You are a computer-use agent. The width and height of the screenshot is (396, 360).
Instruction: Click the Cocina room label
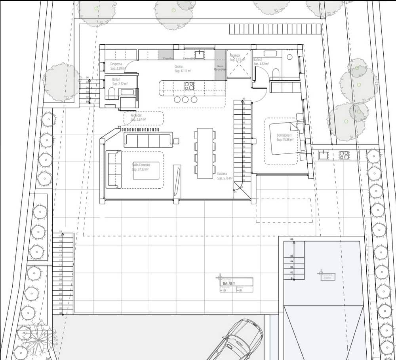coord(179,66)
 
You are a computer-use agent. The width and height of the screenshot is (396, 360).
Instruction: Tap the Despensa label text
coord(116,64)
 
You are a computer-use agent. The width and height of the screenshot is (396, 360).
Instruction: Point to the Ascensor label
coord(236,55)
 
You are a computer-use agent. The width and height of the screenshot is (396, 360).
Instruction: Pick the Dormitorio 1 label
coord(284,135)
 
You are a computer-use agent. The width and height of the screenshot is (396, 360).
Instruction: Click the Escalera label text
coord(222,173)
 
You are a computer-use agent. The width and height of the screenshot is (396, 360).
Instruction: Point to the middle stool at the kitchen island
coord(185,99)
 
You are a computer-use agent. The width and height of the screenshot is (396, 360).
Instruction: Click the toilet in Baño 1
coord(111,93)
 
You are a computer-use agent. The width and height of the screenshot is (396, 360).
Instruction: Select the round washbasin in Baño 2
coord(289,57)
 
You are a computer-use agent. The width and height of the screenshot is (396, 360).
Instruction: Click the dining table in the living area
coord(205,153)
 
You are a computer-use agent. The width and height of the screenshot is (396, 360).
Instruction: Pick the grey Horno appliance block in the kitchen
coord(220,70)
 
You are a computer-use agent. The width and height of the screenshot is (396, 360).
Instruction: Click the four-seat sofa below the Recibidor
coord(148,140)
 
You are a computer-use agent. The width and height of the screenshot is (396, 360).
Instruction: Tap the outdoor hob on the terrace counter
coord(344,155)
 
